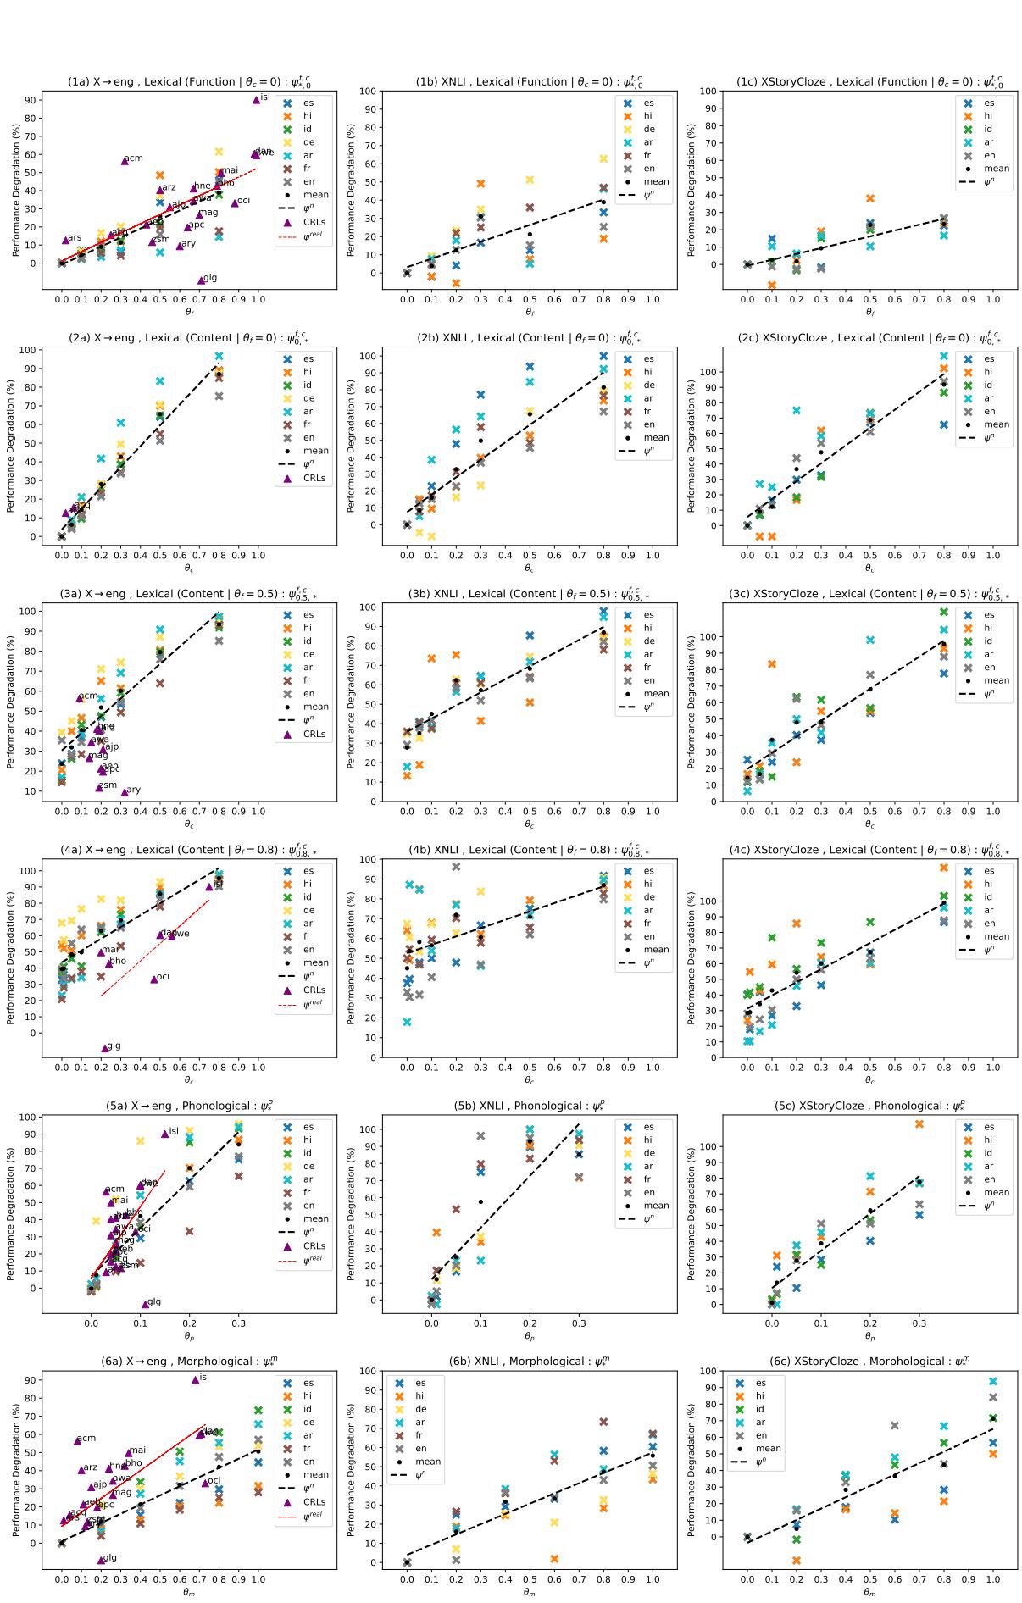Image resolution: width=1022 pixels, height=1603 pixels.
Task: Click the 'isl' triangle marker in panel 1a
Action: [257, 100]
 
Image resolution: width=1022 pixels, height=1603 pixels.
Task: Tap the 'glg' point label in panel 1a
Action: [210, 278]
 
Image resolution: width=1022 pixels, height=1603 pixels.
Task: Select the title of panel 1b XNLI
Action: [529, 82]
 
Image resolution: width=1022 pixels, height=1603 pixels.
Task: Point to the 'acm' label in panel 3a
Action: [89, 696]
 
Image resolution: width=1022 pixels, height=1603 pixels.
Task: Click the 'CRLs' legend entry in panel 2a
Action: [314, 478]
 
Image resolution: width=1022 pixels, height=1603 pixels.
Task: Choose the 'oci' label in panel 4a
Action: [163, 976]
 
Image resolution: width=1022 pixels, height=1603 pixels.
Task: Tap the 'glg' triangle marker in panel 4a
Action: [106, 1047]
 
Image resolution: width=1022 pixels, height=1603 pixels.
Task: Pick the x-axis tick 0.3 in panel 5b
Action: [579, 1324]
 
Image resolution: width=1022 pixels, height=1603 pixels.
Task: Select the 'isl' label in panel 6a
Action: [204, 1377]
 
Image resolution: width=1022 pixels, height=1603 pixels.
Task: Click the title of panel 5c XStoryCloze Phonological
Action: [869, 1106]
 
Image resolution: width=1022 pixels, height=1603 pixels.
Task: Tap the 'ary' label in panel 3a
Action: [133, 790]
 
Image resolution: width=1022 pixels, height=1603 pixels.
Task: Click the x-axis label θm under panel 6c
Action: [869, 1592]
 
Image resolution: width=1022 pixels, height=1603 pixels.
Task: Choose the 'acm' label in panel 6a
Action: [86, 1439]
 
